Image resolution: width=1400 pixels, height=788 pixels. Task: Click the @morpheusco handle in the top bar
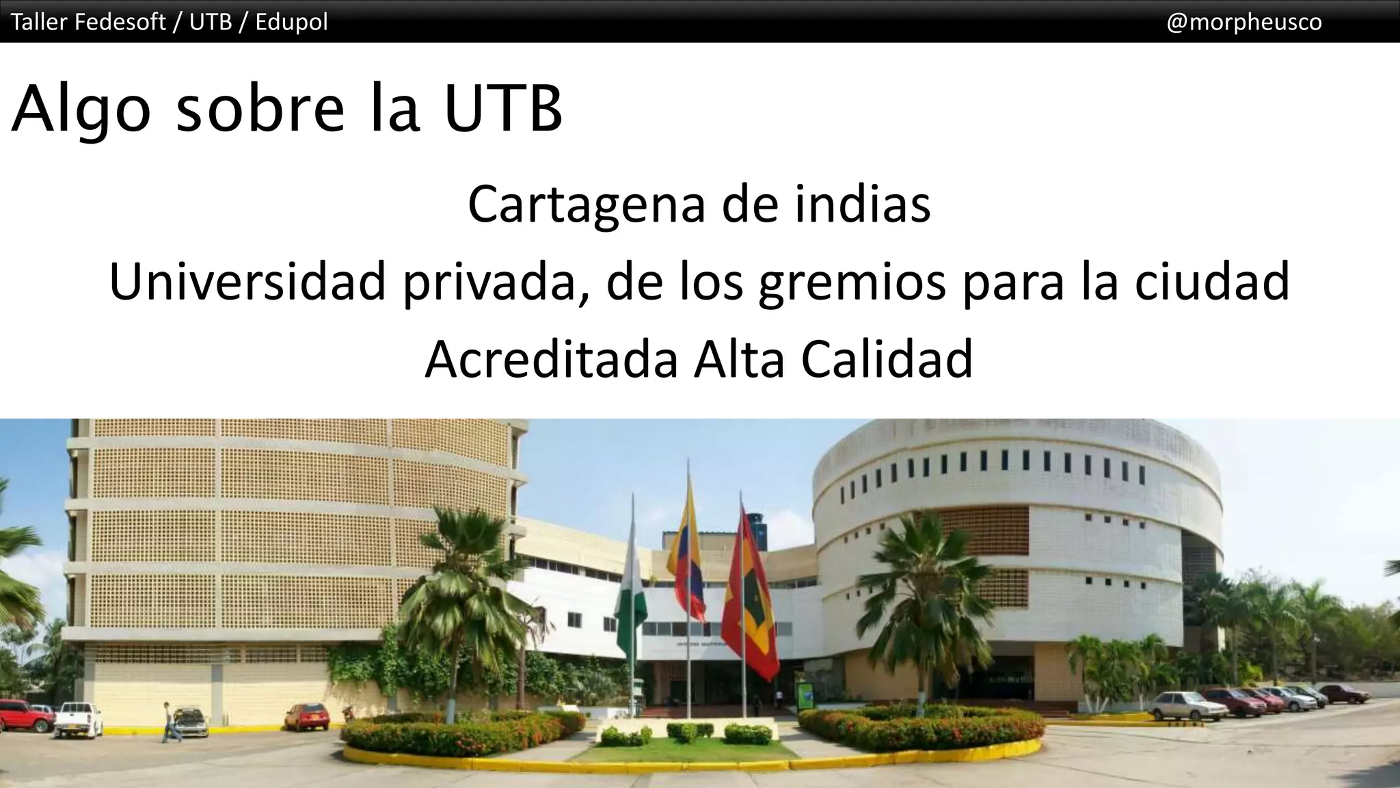tap(1243, 22)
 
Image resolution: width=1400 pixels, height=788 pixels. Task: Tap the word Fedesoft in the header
tap(120, 22)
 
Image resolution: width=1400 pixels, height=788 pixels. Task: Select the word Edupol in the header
tap(292, 22)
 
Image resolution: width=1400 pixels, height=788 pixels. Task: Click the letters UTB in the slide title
tap(503, 109)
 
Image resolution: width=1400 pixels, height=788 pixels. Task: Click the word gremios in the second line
tap(852, 282)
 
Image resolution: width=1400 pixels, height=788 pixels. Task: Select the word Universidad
tap(247, 282)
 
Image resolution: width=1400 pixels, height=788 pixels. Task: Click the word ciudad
tap(1211, 282)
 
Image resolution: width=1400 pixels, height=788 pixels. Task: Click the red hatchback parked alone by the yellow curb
tap(306, 715)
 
